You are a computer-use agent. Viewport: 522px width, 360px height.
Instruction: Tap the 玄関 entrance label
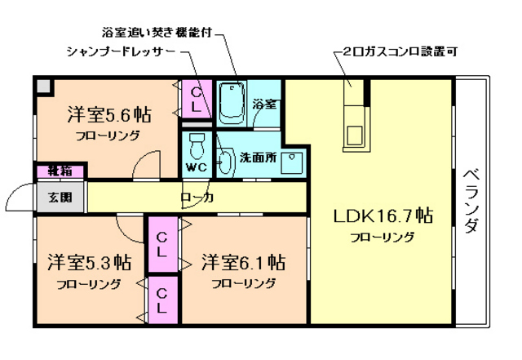click(x=59, y=197)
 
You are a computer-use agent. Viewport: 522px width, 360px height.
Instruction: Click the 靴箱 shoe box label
click(x=59, y=171)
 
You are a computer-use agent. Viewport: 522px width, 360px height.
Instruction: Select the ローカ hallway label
click(x=197, y=197)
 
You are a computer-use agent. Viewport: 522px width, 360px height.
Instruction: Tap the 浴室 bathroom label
click(x=264, y=104)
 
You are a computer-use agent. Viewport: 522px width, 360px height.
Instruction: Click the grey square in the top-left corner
click(x=43, y=85)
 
